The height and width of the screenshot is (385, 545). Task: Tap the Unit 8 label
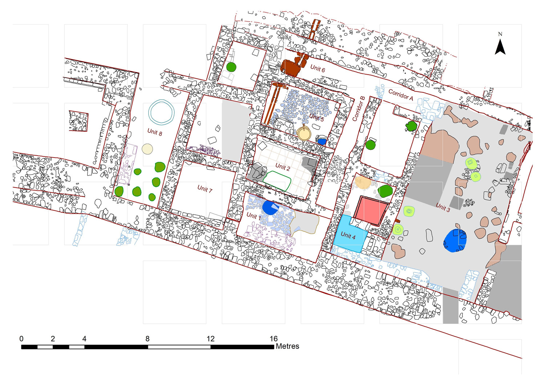click(x=155, y=132)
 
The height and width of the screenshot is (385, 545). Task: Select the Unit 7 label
click(x=205, y=189)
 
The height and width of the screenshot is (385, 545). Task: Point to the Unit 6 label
click(x=318, y=69)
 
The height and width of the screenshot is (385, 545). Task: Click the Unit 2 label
click(x=283, y=167)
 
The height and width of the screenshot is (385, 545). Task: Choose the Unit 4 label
click(x=348, y=235)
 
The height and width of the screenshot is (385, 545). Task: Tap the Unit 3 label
click(x=443, y=207)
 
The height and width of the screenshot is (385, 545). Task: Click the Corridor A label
click(x=401, y=95)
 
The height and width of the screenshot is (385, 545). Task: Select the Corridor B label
click(x=359, y=108)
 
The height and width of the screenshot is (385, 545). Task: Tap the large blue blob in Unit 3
click(x=455, y=240)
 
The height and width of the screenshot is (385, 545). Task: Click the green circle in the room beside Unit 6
click(x=231, y=67)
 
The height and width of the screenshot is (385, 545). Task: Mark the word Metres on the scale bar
click(x=287, y=346)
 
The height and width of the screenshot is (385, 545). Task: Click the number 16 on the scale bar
click(x=274, y=339)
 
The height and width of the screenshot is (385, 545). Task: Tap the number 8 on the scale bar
click(x=148, y=339)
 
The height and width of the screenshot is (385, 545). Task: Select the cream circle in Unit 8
click(x=147, y=149)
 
